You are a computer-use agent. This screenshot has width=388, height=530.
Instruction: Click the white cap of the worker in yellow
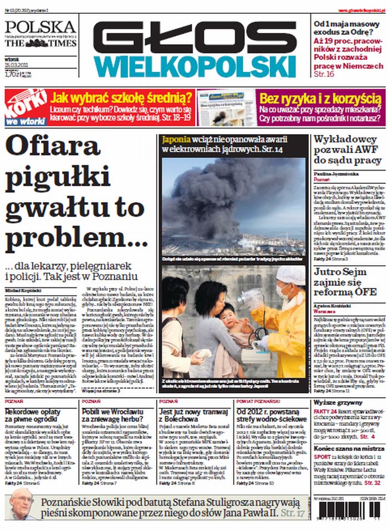click(x=290, y=275)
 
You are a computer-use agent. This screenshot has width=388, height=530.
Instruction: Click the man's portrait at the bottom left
click(x=21, y=503)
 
